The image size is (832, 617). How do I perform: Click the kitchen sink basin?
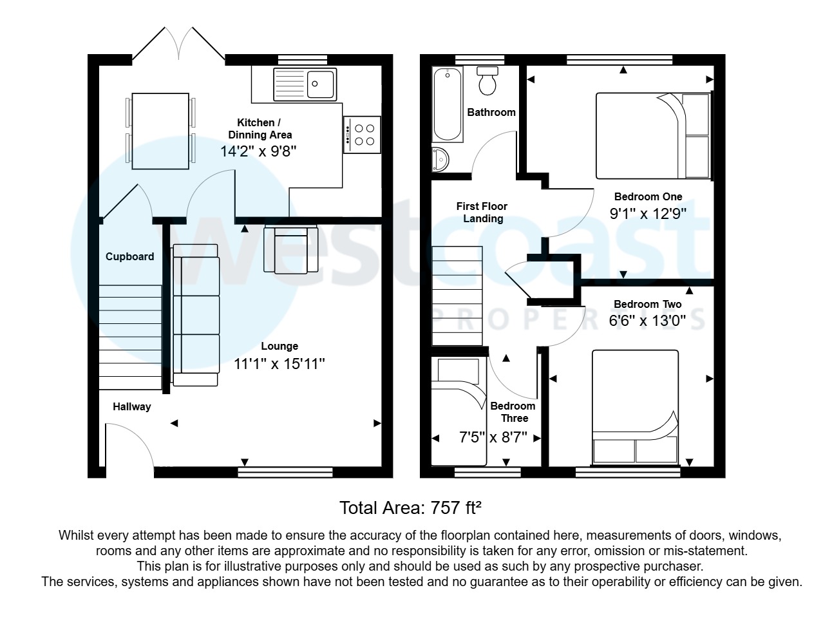point(321,83)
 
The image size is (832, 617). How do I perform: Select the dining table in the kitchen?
point(160,131)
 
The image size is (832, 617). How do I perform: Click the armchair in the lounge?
point(290,249)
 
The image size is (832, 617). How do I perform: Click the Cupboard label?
point(129,256)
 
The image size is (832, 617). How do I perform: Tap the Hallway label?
point(131,406)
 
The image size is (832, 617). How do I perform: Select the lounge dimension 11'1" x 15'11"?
point(279,364)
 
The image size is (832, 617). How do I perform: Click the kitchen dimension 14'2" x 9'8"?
point(258,151)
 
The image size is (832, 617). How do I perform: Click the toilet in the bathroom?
point(487,79)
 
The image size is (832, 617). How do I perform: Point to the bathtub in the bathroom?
point(448,104)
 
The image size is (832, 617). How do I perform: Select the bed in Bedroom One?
point(652,135)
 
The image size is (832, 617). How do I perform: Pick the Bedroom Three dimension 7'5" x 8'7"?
point(493,437)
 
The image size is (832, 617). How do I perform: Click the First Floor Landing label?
point(482,212)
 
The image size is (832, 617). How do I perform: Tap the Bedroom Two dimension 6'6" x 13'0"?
point(647,319)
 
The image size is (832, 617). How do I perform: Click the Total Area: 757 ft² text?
point(410,508)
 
